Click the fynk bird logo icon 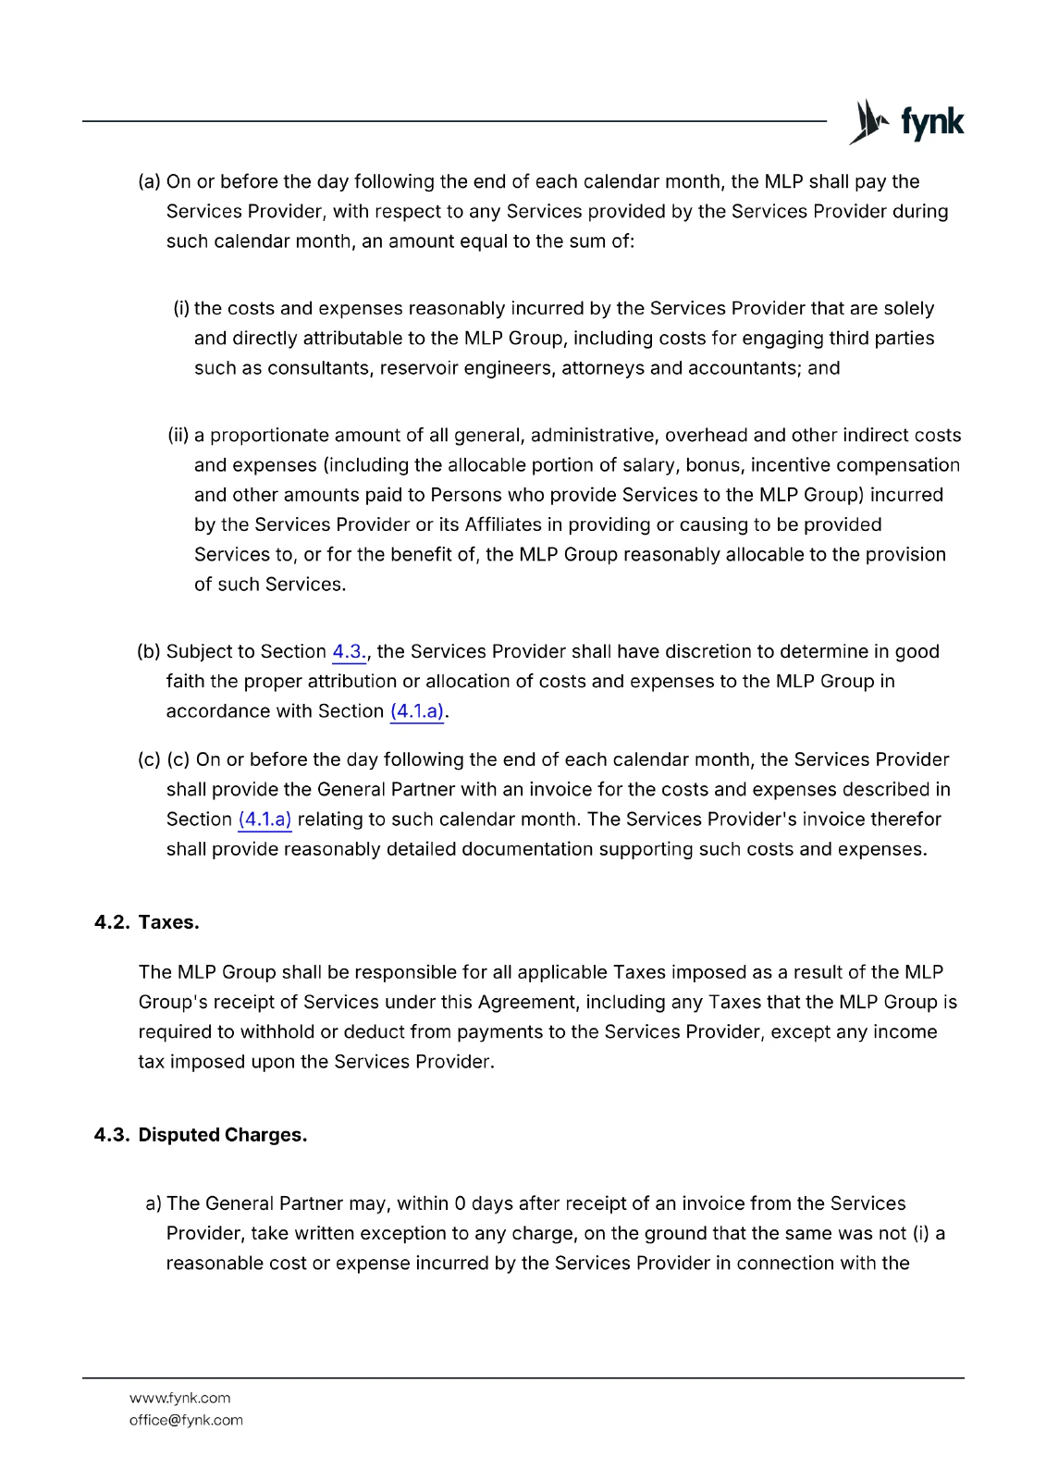pyautogui.click(x=868, y=122)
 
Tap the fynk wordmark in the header pyautogui.click(x=932, y=122)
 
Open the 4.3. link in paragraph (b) pyautogui.click(x=349, y=652)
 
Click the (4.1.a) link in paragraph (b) pyautogui.click(x=417, y=711)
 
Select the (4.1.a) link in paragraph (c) pyautogui.click(x=265, y=820)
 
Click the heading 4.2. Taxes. pyautogui.click(x=147, y=922)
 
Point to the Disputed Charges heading pyautogui.click(x=222, y=1135)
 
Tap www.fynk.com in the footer pyautogui.click(x=179, y=1398)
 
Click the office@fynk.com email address pyautogui.click(x=186, y=1420)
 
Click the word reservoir pyautogui.click(x=413, y=368)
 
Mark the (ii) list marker pyautogui.click(x=178, y=436)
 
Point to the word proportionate pyautogui.click(x=269, y=436)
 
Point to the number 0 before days pyautogui.click(x=460, y=1203)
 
